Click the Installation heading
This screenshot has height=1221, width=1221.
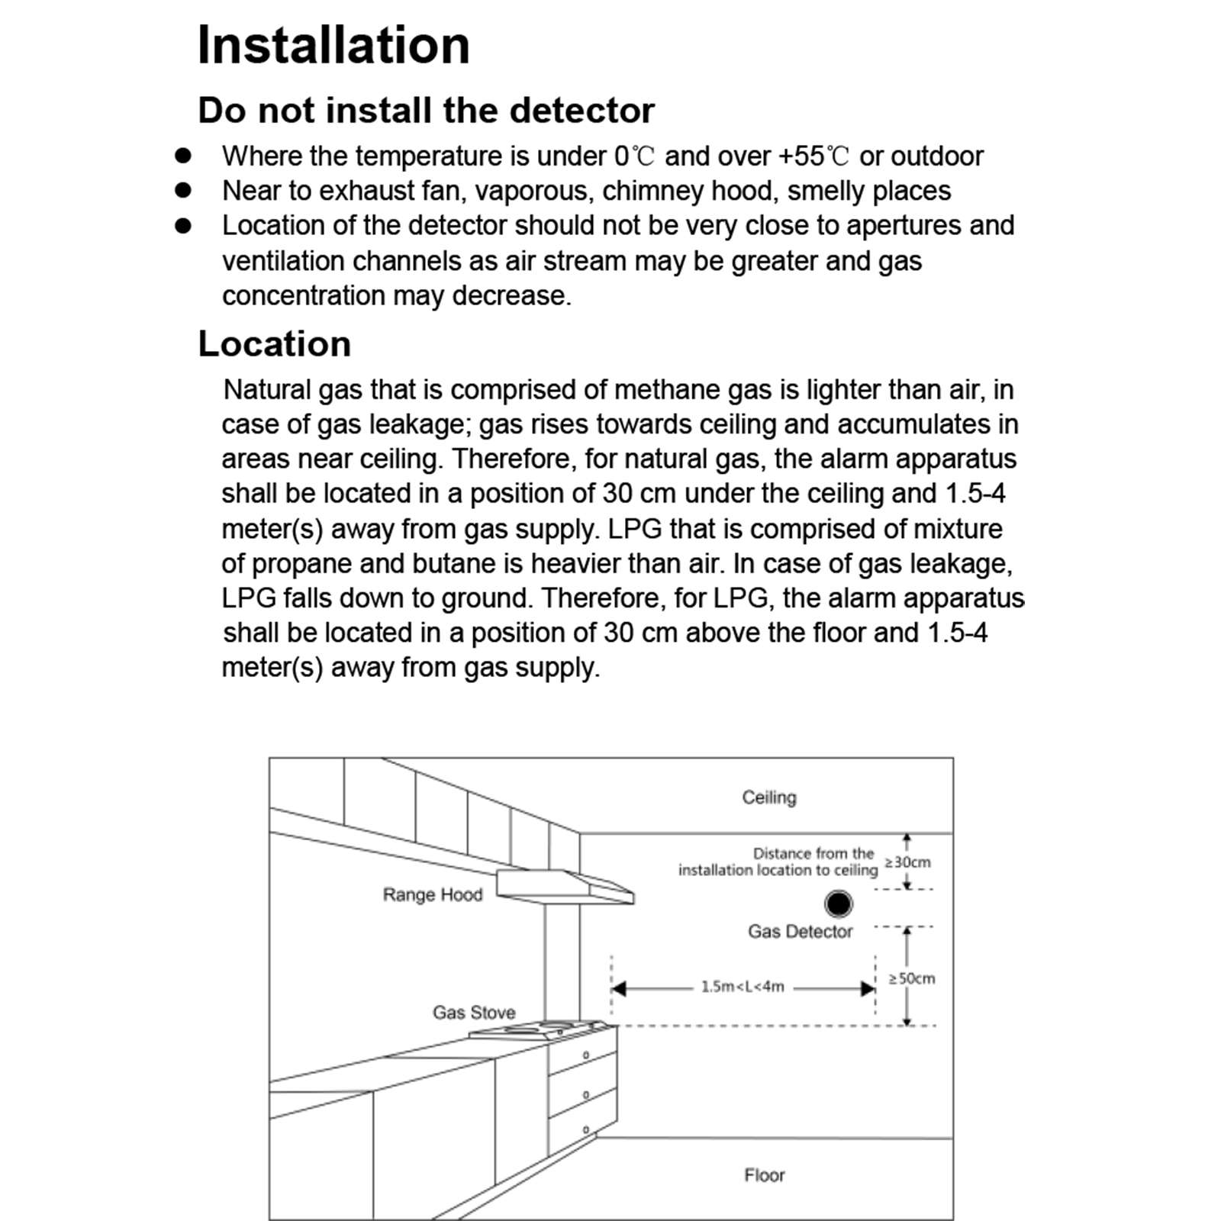point(333,46)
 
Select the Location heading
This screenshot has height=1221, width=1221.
point(275,344)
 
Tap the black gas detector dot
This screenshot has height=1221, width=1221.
point(838,904)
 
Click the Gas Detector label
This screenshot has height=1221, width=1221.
point(800,932)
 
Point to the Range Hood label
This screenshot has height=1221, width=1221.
point(433,894)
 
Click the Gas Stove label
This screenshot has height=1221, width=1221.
point(474,1013)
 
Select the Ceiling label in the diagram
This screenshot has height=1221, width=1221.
point(769,797)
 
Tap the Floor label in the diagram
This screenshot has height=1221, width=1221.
point(764,1175)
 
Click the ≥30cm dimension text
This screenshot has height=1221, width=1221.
point(908,862)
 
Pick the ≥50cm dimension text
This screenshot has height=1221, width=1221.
point(912,978)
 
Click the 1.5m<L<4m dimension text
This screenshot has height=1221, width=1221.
point(743,987)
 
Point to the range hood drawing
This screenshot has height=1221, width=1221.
point(565,887)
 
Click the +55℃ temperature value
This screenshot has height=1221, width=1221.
point(813,156)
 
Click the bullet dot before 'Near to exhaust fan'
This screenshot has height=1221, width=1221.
point(183,190)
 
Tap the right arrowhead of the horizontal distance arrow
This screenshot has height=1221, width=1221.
point(868,989)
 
